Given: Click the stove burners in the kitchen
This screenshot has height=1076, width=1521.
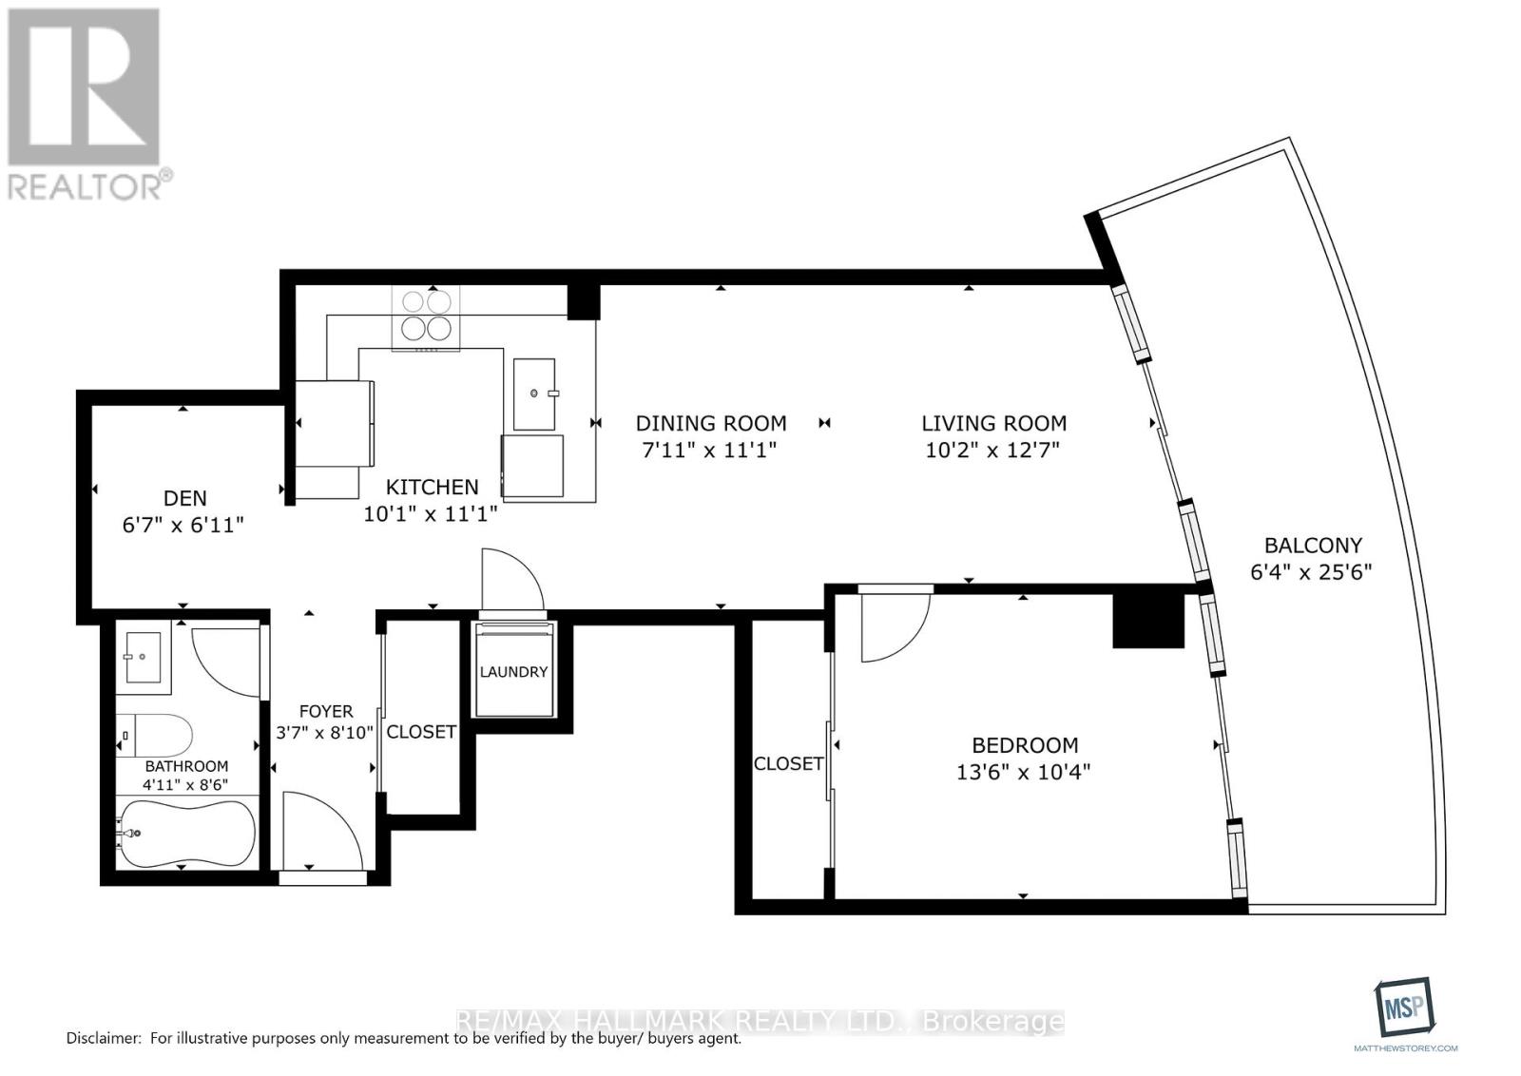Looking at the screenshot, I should point(426,315).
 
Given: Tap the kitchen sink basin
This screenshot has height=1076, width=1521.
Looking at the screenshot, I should point(535,393).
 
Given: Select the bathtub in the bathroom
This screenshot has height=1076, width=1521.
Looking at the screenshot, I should point(186,834).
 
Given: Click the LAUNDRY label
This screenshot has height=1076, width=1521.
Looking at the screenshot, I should point(513,672).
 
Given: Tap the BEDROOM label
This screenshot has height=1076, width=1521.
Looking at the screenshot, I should point(1024,745).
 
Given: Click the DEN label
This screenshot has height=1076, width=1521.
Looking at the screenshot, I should point(185,498).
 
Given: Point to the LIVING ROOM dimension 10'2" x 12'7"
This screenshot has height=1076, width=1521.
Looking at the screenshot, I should point(992,449).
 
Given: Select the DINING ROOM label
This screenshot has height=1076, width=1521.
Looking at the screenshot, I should point(711,423).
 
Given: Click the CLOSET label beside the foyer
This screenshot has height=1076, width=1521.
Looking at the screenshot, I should point(421,732).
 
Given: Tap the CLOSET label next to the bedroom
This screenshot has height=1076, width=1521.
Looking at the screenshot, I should point(788,763).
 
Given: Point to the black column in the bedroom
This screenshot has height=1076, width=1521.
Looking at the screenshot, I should point(1148,621).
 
